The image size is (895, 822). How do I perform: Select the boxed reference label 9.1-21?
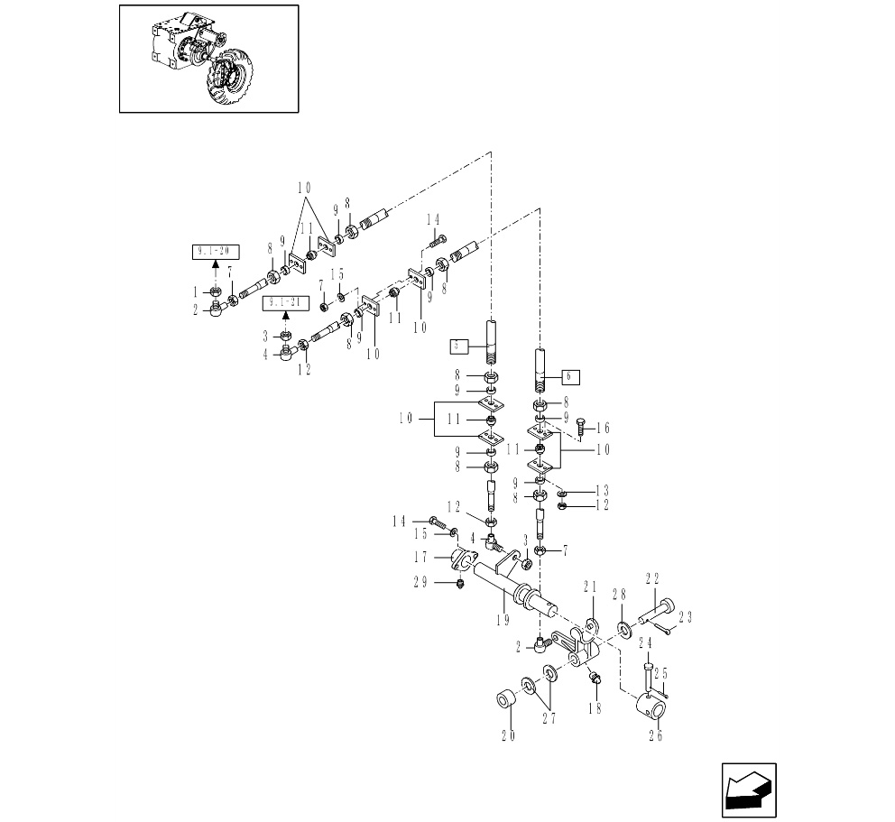285,302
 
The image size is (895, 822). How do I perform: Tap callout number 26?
655,735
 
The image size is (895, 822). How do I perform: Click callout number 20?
508,735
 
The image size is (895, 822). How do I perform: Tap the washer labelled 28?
623,626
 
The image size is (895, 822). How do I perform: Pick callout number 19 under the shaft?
503,620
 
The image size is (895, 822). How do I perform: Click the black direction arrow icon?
749,791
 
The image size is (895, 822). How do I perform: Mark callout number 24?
646,643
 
